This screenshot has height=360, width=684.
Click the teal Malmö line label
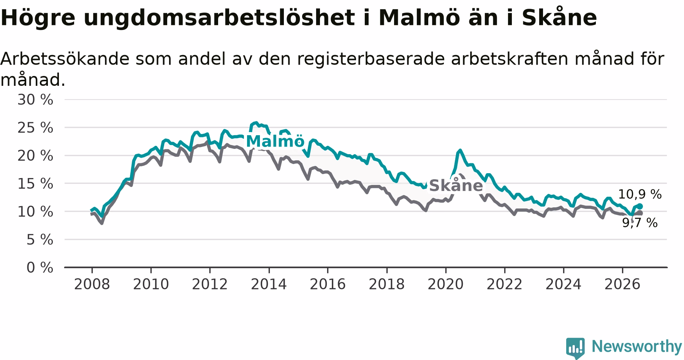[x=275, y=141]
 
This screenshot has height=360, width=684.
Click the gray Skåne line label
[x=456, y=186]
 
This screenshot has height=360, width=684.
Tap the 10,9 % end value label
[x=640, y=194]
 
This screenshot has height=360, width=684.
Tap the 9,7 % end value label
[x=640, y=223]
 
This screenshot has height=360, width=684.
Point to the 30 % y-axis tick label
[x=35, y=100]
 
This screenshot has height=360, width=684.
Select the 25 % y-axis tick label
[x=35, y=128]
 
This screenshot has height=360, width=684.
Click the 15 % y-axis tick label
[x=35, y=184]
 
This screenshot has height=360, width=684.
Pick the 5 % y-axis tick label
[x=40, y=240]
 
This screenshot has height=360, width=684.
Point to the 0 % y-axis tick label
[x=40, y=268]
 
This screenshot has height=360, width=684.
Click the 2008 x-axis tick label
[x=92, y=284]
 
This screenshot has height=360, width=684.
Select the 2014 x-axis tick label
[x=269, y=284]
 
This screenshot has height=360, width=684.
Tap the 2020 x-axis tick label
[x=446, y=284]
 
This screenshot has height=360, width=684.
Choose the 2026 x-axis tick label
[x=622, y=284]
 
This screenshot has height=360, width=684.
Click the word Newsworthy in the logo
[x=636, y=346]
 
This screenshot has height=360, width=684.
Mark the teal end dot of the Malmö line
[x=640, y=206]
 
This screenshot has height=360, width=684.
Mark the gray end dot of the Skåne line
[x=640, y=213]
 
